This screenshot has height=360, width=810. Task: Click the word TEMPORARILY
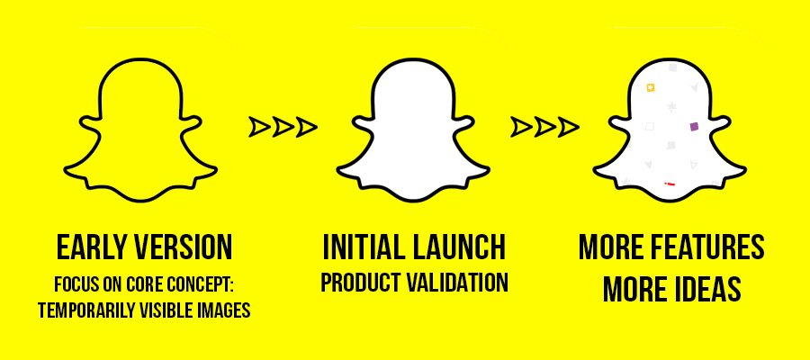82,310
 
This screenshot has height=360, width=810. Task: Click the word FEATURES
710,247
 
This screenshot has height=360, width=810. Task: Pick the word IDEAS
709,289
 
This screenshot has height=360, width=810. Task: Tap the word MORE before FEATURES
614,247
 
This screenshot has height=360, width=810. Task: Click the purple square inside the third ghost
694,126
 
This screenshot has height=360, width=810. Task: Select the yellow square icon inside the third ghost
651,87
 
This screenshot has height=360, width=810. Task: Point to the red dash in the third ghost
670,184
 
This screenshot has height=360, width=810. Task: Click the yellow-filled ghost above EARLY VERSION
140,129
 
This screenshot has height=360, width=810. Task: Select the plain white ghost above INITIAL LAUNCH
413,129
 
